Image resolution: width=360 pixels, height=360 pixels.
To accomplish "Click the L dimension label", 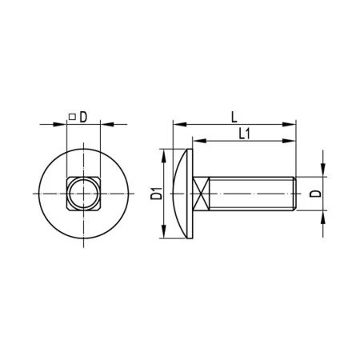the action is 234,117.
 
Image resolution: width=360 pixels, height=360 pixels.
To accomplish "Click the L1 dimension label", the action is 244,134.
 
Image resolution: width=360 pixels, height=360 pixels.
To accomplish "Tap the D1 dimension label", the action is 156,194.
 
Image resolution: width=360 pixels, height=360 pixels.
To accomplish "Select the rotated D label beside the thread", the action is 315,194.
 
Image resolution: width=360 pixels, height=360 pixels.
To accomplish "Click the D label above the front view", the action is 83,117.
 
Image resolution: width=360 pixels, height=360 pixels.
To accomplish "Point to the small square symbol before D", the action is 72,117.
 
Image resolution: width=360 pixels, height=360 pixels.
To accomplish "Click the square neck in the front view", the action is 83,194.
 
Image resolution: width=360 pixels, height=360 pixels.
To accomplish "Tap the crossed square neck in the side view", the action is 201,194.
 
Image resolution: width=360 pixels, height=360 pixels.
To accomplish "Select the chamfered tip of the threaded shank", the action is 294,194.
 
